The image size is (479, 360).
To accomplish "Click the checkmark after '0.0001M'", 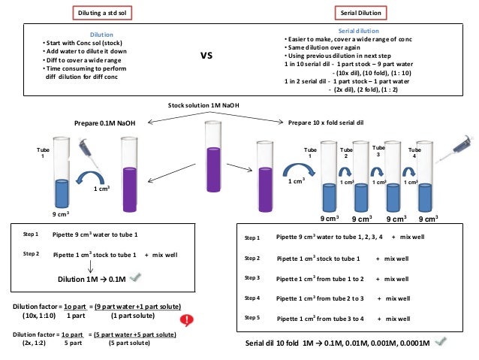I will tap(441, 342).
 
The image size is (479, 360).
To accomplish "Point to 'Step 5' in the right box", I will tap(252, 317).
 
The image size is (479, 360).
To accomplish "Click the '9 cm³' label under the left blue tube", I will tap(61, 214).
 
